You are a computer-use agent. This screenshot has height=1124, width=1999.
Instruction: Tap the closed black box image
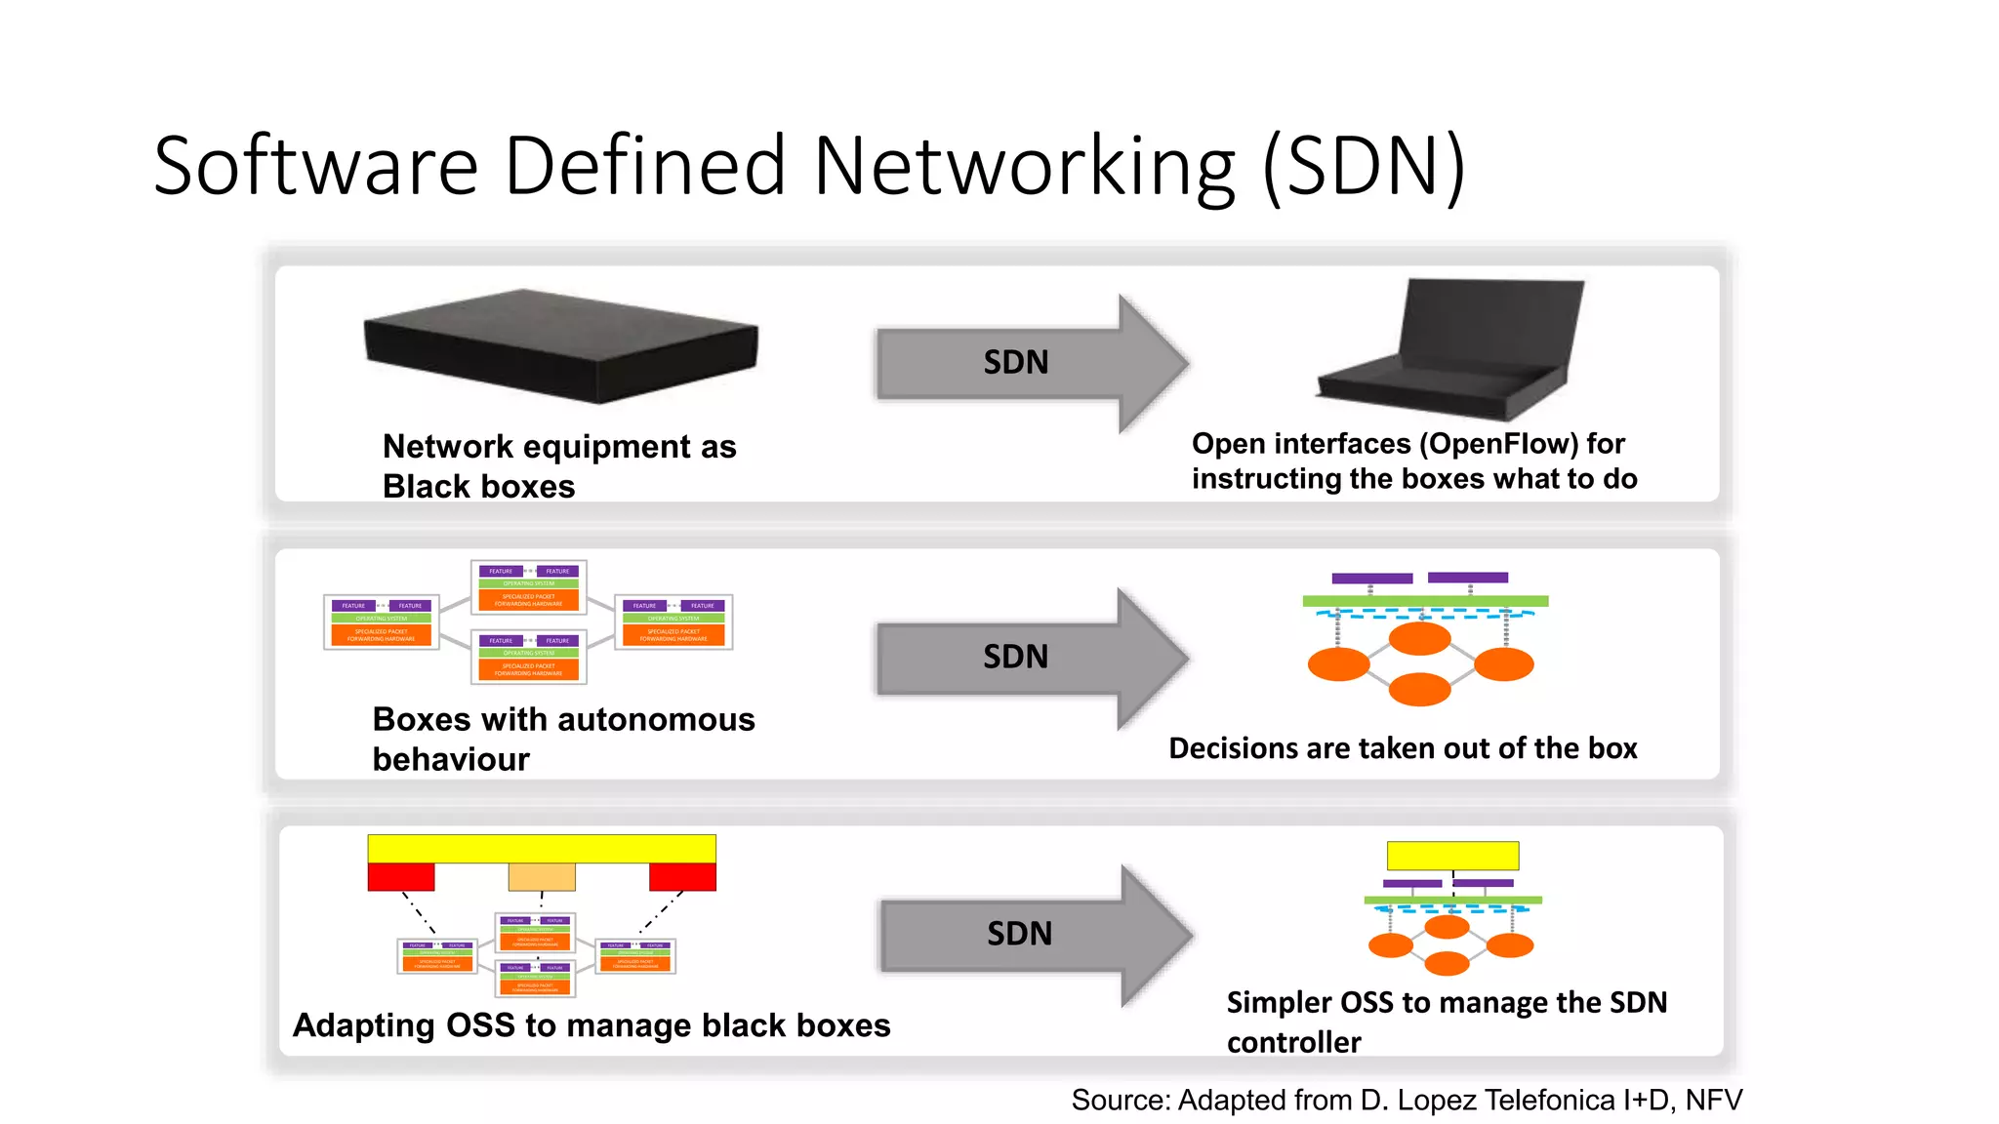(560, 345)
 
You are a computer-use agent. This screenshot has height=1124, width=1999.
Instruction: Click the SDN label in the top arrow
(1015, 363)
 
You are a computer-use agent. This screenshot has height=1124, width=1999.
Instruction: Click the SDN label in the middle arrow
(1015, 657)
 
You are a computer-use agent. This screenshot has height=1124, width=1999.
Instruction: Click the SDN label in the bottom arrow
(1019, 934)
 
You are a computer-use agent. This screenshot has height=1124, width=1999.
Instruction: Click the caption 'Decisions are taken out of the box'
(1403, 748)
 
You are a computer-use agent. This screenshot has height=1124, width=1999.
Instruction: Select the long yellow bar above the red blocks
(542, 848)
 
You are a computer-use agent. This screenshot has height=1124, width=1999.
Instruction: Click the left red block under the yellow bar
(400, 876)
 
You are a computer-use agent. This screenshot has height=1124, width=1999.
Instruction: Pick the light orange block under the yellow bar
(542, 876)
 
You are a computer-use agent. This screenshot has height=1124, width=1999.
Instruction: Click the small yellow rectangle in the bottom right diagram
(1452, 856)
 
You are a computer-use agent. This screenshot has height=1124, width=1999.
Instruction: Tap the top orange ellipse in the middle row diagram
(1419, 639)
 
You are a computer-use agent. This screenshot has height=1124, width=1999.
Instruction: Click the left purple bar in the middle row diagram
(1371, 579)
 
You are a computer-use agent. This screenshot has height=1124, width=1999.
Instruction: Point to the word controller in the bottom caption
(1293, 1043)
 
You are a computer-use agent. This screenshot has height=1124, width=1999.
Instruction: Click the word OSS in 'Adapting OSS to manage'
(479, 1025)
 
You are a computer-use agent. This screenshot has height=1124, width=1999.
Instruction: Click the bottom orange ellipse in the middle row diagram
(1419, 689)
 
